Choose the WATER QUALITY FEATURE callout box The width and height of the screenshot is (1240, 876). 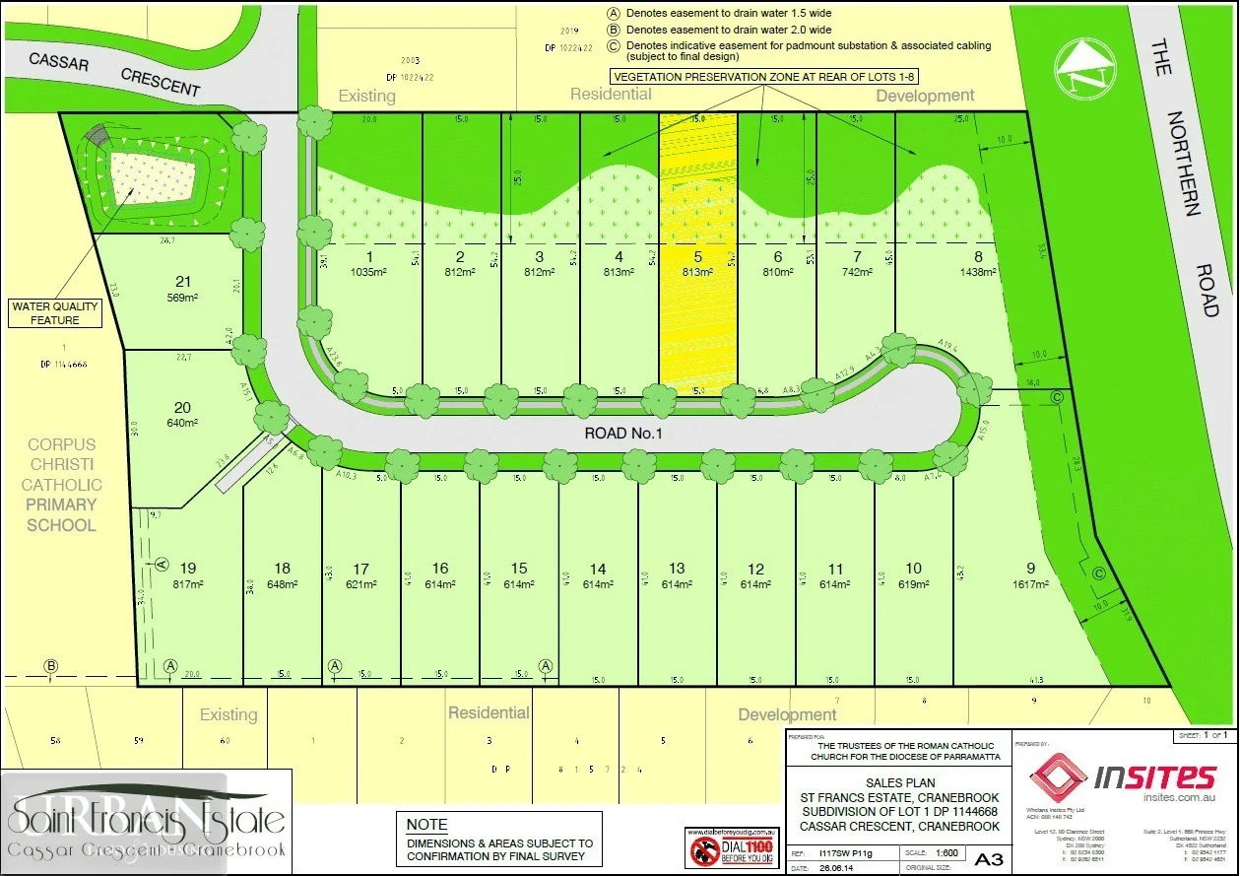pos(57,313)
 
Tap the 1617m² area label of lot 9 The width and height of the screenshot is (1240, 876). pos(1031,583)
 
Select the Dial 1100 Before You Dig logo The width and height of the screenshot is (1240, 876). pos(726,846)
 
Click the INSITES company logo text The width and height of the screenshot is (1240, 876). pos(1154,778)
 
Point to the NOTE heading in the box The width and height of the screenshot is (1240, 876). pos(427,825)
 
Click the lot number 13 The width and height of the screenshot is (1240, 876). pos(677,569)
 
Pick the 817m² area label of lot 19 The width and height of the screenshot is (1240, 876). pos(188,583)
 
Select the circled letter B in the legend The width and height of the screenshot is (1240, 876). pos(614,30)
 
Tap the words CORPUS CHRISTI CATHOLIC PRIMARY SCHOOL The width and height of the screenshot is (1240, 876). pos(61,485)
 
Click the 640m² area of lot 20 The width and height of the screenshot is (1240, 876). pos(182,423)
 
